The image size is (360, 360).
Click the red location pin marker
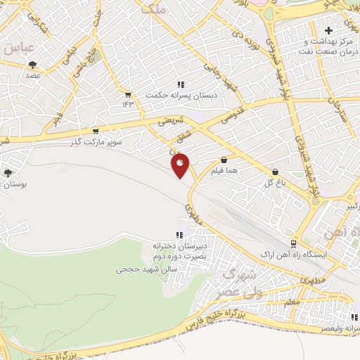(181, 165)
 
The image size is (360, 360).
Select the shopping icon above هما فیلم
(224, 160)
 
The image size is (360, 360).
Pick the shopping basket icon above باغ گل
(274, 171)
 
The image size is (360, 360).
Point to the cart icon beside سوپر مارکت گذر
(96, 131)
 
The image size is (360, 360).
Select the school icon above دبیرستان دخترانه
(179, 235)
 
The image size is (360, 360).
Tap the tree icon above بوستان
(8, 172)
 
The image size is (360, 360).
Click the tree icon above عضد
(32, 64)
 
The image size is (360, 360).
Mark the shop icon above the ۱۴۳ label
(127, 95)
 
